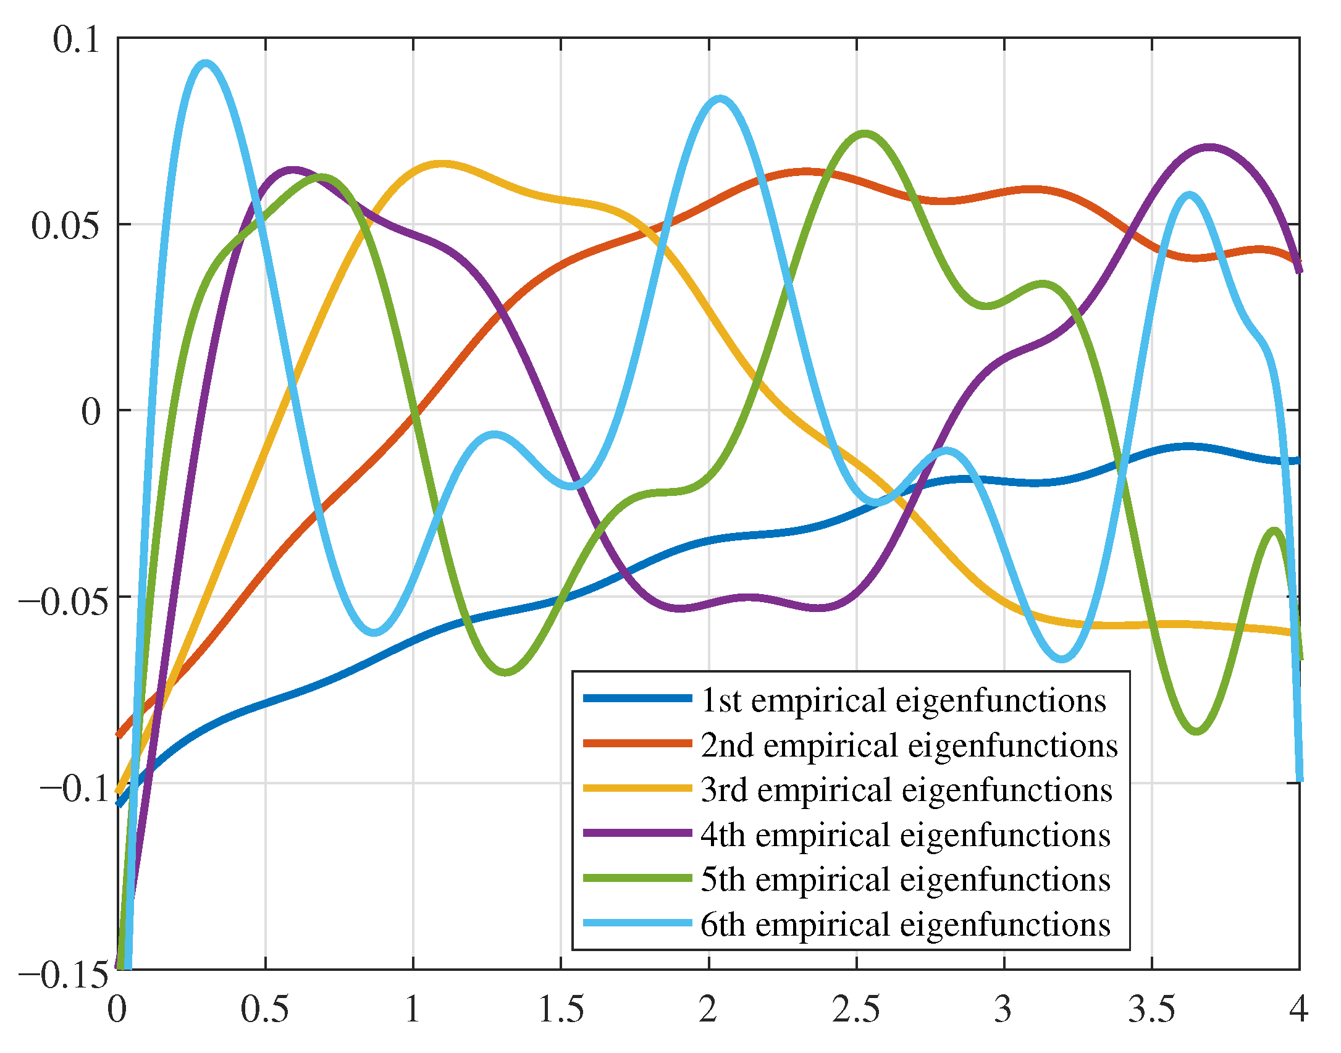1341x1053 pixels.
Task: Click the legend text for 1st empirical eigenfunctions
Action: click(903, 700)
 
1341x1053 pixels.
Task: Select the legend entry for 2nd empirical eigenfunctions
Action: click(909, 745)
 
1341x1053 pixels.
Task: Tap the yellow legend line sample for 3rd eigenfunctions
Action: click(637, 788)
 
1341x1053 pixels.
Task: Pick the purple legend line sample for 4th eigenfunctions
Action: click(637, 833)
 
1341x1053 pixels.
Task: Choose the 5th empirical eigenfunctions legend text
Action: click(906, 879)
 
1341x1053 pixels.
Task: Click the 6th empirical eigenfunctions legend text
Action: click(906, 924)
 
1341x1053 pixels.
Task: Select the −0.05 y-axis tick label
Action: click(59, 600)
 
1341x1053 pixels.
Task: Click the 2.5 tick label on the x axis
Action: click(856, 1010)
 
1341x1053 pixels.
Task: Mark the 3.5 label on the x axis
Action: click(1152, 1010)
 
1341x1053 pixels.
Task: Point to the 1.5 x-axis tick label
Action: click(561, 1010)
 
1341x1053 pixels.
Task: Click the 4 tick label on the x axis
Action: click(1299, 1010)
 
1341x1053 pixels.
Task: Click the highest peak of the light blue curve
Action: click(205, 64)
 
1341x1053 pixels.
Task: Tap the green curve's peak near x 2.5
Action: click(865, 133)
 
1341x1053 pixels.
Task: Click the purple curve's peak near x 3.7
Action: click(1208, 148)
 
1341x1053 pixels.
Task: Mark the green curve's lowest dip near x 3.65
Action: click(1197, 731)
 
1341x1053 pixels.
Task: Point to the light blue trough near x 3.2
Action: click(1062, 659)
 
